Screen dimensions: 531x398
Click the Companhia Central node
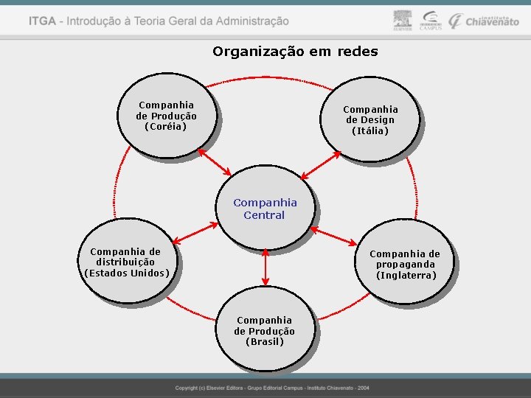265,209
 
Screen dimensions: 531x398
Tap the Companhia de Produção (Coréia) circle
166,116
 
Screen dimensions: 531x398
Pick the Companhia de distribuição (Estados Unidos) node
127,262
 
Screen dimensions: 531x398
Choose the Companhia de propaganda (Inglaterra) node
405,265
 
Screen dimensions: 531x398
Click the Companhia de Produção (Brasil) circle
265,331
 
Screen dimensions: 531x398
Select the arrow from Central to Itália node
320,164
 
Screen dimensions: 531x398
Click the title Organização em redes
295,52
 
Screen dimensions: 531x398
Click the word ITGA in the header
42,21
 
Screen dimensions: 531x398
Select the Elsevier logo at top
403,21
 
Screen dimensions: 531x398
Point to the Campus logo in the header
430,21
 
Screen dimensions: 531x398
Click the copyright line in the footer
272,388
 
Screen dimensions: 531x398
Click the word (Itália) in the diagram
370,131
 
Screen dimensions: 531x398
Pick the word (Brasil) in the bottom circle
265,342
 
